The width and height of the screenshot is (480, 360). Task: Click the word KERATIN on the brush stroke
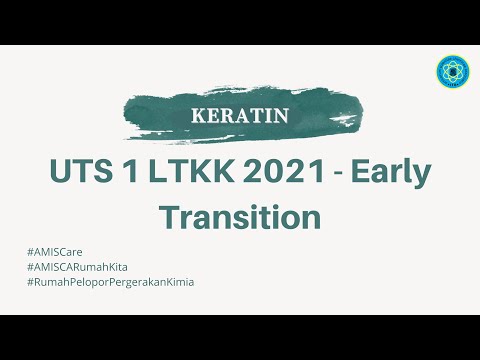[x=239, y=115]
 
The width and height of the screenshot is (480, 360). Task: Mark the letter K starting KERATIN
[x=196, y=115]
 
